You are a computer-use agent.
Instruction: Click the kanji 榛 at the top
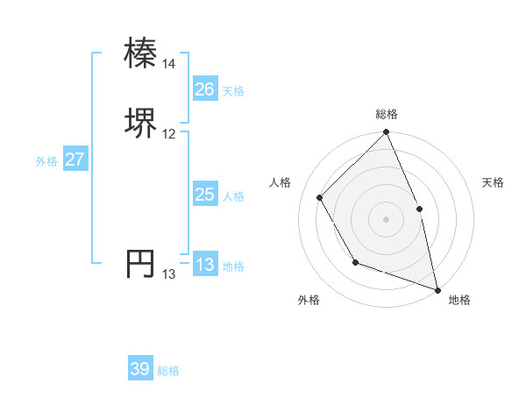point(141,53)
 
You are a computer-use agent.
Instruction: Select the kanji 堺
point(141,124)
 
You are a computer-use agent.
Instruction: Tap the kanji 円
point(141,264)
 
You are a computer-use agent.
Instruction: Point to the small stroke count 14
point(169,64)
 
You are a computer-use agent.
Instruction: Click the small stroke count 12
point(169,134)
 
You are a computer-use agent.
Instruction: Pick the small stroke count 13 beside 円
point(169,274)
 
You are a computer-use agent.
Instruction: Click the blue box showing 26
point(204,89)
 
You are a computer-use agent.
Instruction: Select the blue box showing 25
point(204,195)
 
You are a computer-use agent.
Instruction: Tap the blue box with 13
point(204,265)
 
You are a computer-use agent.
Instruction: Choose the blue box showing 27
point(75,160)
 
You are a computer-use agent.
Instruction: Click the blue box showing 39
point(139,369)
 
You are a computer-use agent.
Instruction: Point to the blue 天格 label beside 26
point(233,90)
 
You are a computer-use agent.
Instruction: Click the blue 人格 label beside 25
point(233,196)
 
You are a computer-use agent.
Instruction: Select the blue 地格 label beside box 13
point(233,266)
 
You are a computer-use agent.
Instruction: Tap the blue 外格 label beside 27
point(46,161)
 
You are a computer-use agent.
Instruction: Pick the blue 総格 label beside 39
point(168,371)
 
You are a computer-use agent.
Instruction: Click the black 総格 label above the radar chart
point(387,114)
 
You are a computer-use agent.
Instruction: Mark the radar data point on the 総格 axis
point(387,132)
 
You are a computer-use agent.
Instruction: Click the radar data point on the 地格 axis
point(438,288)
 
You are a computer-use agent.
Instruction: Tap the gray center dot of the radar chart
point(387,218)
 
